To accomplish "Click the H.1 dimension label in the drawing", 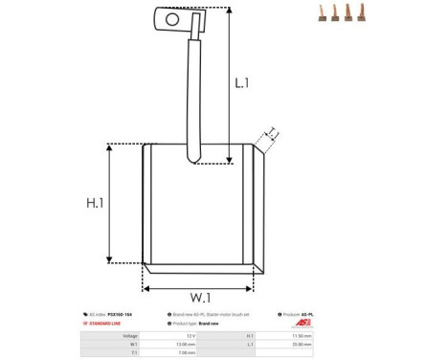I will click(x=95, y=204).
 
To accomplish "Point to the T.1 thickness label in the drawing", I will click(x=272, y=133).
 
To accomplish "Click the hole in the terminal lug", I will click(x=171, y=17).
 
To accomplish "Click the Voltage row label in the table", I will click(x=130, y=336).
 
